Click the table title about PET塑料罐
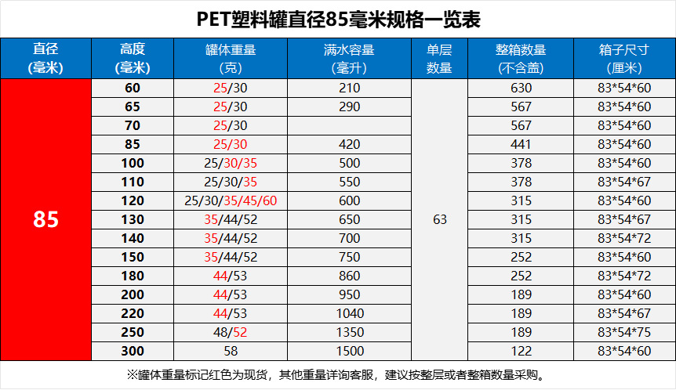[x=338, y=18]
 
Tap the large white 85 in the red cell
[x=46, y=219]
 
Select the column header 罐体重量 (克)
[x=231, y=59]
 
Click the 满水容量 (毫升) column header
[x=349, y=59]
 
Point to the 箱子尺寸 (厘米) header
[x=624, y=59]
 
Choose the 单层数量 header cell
[x=439, y=59]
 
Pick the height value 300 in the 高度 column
[x=133, y=351]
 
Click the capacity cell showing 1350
[x=350, y=332]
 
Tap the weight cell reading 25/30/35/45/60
[x=231, y=200]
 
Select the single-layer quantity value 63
[x=439, y=219]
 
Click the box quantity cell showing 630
[x=521, y=88]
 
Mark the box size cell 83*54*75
[x=624, y=332]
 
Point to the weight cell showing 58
[x=231, y=351]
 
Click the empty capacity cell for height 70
[x=350, y=125]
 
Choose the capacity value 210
[x=350, y=88]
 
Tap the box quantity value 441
[x=521, y=144]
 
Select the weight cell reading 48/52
[x=231, y=332]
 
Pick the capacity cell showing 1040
[x=350, y=313]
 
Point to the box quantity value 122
[x=521, y=351]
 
